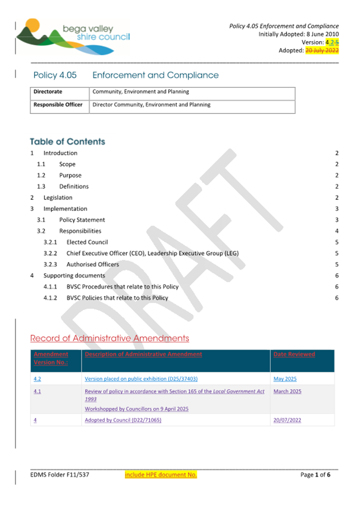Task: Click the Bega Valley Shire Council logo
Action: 72,37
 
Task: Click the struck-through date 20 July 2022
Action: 322,51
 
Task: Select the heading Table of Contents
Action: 68,142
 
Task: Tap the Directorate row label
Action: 48,92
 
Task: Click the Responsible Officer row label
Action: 58,105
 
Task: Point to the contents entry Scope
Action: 67,164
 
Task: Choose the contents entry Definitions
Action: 74,187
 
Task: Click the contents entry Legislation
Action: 58,198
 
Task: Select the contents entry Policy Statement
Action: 82,220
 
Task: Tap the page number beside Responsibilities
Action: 337,231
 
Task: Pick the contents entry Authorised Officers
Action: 93,265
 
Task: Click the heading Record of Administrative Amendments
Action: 109,338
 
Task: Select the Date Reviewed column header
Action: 294,354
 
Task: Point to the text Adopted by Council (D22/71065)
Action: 123,420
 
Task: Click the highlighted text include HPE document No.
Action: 161,475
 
